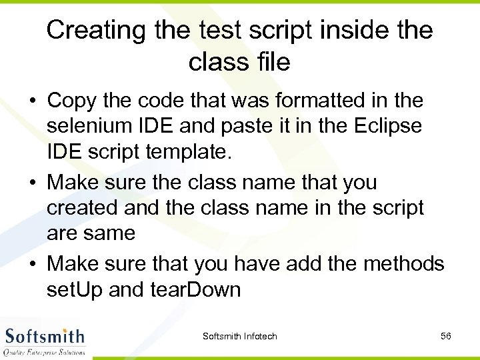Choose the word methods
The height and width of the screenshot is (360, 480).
[403, 264]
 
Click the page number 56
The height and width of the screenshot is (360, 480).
[446, 336]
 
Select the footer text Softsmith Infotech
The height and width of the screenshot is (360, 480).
[239, 336]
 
